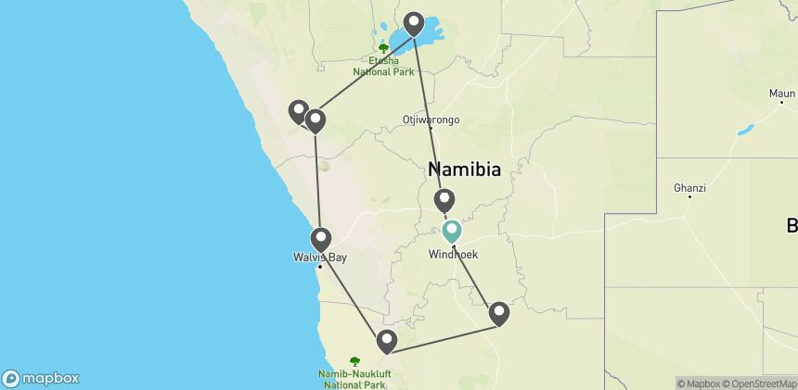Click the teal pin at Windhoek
tap(452, 231)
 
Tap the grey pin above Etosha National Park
tap(413, 23)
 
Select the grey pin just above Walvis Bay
tap(321, 239)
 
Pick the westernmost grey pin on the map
tap(298, 112)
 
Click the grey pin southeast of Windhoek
tap(499, 314)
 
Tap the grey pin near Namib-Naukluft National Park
tap(386, 342)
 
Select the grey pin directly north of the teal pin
tap(445, 200)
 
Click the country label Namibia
tap(464, 170)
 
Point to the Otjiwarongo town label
tap(431, 120)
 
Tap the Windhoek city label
tap(453, 255)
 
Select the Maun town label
tap(782, 94)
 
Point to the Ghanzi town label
tap(690, 188)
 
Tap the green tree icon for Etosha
tap(383, 47)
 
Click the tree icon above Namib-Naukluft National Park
tap(354, 360)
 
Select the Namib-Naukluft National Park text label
tap(354, 378)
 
